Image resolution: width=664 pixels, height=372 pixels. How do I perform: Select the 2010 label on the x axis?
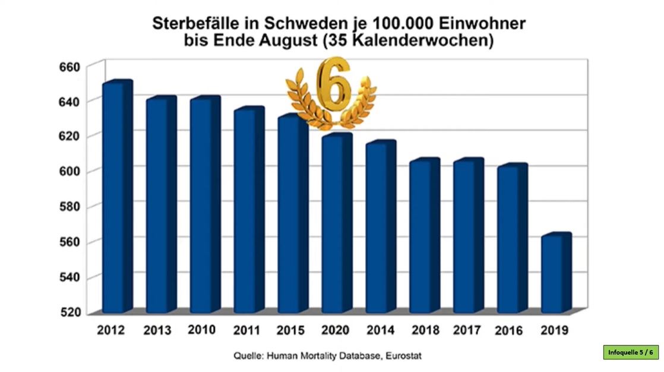[x=201, y=329]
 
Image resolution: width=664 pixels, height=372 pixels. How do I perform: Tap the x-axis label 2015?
[x=289, y=330]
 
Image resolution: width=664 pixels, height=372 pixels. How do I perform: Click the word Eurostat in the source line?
[x=404, y=356]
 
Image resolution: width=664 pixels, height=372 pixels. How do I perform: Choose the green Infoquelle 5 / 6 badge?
[x=631, y=352]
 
